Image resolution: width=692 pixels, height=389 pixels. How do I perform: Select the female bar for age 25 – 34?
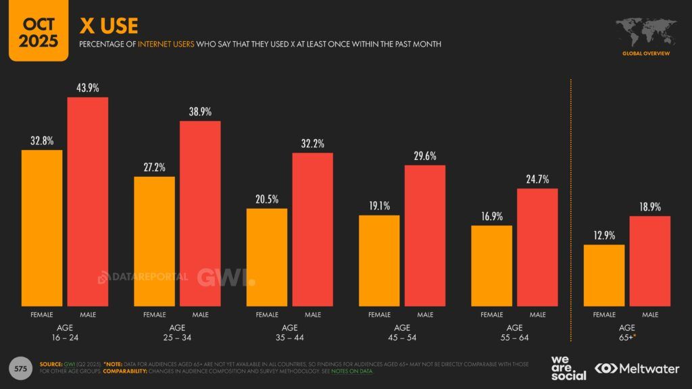click(x=155, y=241)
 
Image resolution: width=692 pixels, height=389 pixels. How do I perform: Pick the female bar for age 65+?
click(x=604, y=275)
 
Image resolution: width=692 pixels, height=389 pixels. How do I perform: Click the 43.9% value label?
click(x=88, y=88)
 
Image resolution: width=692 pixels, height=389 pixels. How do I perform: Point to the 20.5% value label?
click(x=267, y=199)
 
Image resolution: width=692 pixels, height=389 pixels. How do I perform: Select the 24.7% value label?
click(x=538, y=179)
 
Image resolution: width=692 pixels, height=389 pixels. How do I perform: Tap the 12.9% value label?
click(x=604, y=235)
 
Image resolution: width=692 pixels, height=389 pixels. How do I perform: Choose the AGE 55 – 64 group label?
click(x=514, y=332)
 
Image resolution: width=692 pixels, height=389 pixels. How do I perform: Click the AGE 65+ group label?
click(x=626, y=332)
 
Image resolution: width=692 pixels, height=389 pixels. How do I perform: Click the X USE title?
click(x=109, y=26)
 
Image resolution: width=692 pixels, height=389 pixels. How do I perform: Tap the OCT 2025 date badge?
click(x=39, y=32)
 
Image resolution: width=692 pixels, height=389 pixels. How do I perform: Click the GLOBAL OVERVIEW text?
click(x=646, y=53)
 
